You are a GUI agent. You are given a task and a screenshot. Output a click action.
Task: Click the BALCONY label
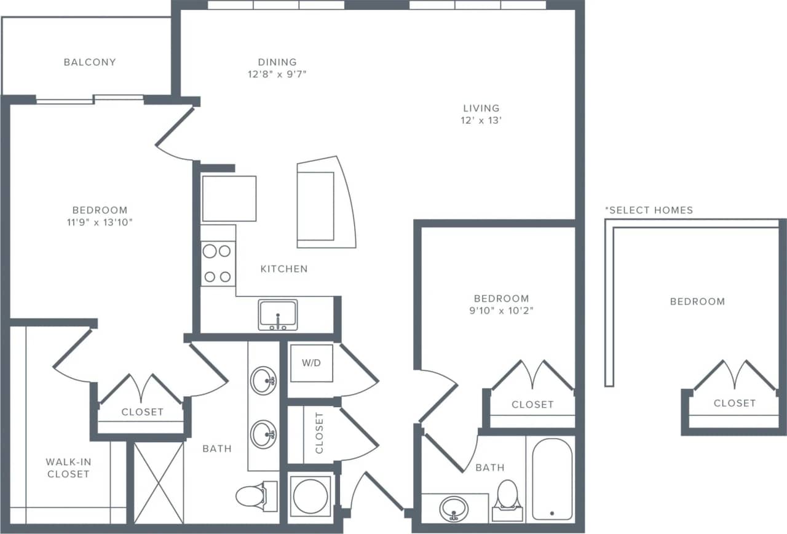click(x=90, y=62)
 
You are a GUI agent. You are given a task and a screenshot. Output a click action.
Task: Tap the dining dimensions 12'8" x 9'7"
click(x=277, y=74)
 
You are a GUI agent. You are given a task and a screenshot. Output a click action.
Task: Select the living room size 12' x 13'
click(x=481, y=121)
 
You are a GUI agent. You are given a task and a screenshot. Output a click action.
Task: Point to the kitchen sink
click(x=278, y=314)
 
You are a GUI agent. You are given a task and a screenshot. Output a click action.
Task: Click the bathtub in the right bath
click(x=552, y=479)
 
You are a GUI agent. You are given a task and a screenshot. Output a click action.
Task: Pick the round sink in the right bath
click(x=454, y=509)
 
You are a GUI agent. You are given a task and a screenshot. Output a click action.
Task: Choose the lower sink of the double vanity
click(x=264, y=434)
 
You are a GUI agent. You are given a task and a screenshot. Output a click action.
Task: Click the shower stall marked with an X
click(x=159, y=482)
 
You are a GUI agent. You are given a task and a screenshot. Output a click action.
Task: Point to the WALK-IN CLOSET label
click(x=68, y=468)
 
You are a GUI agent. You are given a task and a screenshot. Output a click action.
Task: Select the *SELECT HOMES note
click(x=649, y=210)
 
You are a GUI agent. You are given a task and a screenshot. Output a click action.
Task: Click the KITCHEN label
click(x=284, y=269)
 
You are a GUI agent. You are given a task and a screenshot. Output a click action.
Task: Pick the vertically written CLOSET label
click(x=319, y=433)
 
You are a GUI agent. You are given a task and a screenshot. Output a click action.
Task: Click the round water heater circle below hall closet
click(x=310, y=496)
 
